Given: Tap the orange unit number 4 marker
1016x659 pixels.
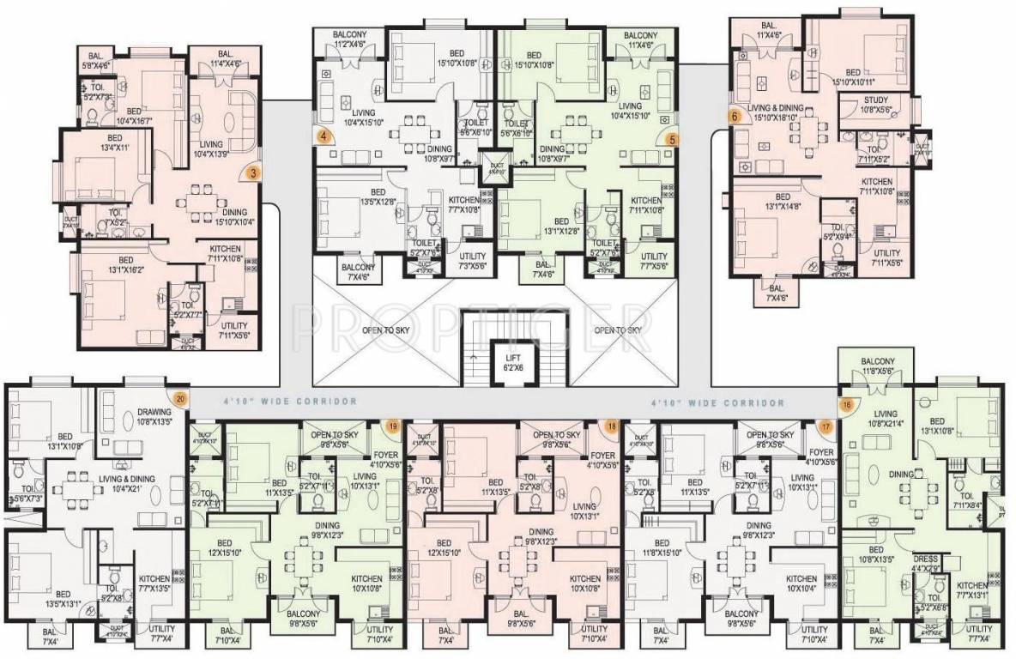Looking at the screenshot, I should point(323,136).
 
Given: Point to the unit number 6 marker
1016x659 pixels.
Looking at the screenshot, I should point(734,114).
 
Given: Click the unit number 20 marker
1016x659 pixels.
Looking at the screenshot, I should point(179,397).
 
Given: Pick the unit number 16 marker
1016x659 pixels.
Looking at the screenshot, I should point(847,405).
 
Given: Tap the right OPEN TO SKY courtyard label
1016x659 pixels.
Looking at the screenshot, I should point(617,330).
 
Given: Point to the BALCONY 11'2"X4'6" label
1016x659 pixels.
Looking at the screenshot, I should point(349,39).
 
